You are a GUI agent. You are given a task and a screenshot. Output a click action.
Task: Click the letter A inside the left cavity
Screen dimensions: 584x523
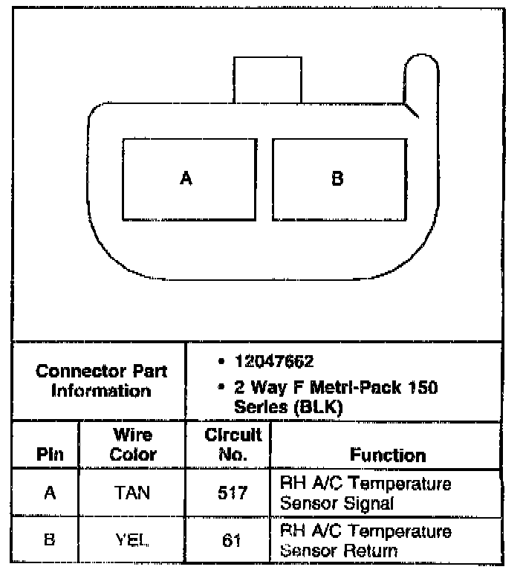click(x=186, y=179)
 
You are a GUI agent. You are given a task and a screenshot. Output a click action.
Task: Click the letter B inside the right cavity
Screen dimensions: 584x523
click(x=337, y=179)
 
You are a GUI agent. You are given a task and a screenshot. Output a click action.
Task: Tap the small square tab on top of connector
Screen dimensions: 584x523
click(x=267, y=79)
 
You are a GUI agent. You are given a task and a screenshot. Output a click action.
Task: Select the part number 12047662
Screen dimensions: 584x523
click(x=274, y=362)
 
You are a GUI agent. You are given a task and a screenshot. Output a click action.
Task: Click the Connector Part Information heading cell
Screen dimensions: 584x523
click(x=102, y=380)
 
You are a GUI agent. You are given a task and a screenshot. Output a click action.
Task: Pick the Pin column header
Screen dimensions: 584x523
click(x=50, y=455)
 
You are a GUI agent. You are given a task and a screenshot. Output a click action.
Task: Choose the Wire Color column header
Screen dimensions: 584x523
click(x=133, y=445)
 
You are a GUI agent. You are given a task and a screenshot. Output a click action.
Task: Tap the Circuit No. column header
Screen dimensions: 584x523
click(x=232, y=444)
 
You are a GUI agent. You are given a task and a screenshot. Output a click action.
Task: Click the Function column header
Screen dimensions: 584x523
click(x=388, y=455)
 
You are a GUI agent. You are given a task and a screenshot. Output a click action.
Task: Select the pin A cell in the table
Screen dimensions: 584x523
click(x=50, y=493)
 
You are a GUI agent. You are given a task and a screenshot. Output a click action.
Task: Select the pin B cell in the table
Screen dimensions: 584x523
click(x=50, y=540)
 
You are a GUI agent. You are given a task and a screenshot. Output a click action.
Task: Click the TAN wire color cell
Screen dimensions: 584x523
click(x=133, y=493)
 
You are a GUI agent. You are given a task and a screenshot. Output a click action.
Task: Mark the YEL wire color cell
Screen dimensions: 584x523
click(x=133, y=540)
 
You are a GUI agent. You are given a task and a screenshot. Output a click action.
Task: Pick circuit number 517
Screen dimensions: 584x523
click(x=232, y=493)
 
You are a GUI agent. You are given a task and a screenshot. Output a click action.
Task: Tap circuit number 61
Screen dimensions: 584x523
click(x=232, y=540)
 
